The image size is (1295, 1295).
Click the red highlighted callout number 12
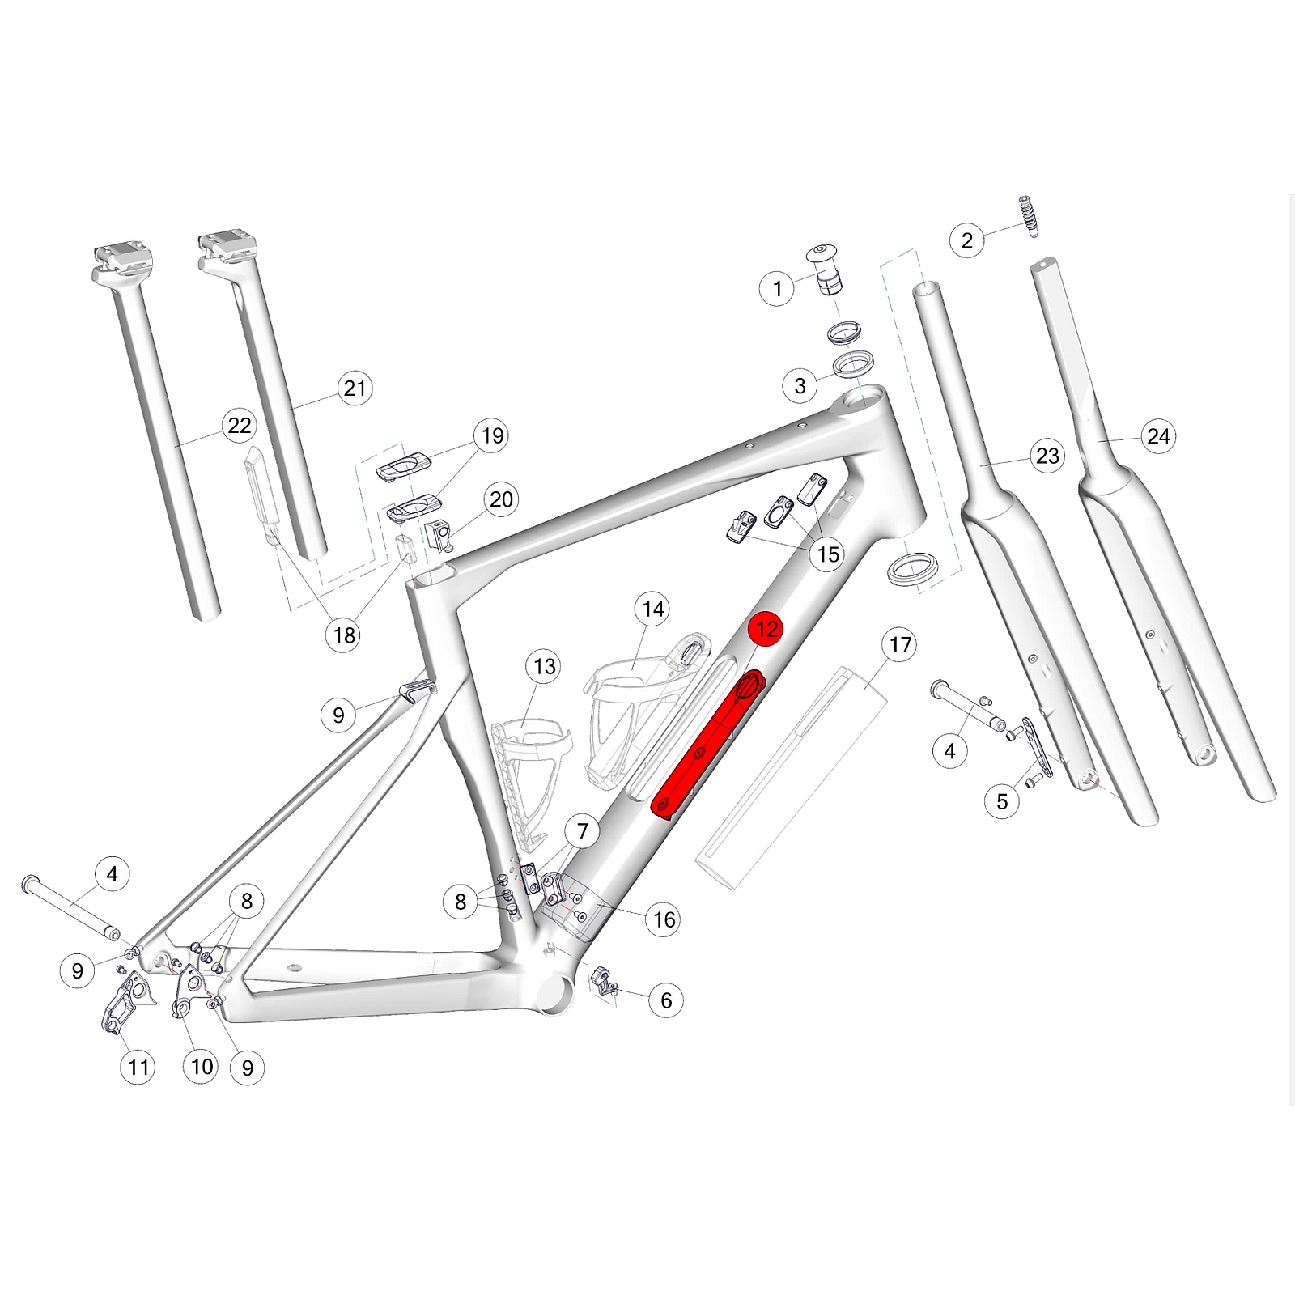click(x=766, y=629)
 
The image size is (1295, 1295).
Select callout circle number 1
click(x=778, y=288)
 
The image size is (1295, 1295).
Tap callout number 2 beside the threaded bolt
click(x=967, y=240)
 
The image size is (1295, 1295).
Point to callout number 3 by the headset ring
click(x=800, y=385)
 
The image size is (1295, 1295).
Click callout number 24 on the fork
click(x=1158, y=437)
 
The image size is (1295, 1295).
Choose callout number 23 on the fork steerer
click(x=1047, y=456)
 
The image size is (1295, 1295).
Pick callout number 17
click(x=900, y=645)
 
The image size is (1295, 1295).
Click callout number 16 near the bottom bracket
click(x=664, y=919)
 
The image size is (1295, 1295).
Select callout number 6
click(x=666, y=1000)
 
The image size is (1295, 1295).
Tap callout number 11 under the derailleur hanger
click(x=138, y=1068)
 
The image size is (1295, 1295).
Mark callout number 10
click(x=202, y=1067)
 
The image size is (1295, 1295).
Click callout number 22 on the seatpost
click(x=240, y=425)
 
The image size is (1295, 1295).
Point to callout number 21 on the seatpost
click(x=355, y=388)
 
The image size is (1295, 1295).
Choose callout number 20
click(x=501, y=499)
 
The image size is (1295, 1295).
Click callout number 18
click(x=344, y=635)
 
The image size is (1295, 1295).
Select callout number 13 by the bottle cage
click(x=545, y=666)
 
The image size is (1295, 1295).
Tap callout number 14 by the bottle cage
click(x=653, y=609)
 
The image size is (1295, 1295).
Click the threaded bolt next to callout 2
click(x=1029, y=216)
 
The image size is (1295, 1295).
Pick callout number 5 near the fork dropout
click(x=1002, y=801)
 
